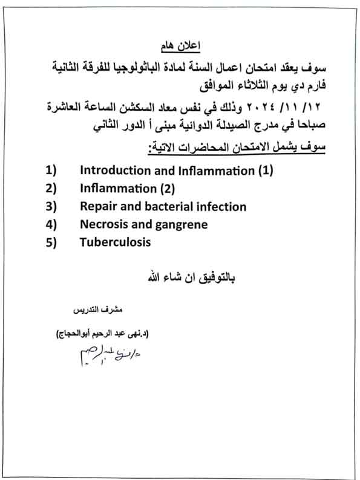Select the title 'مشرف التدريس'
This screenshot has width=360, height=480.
point(93,310)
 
